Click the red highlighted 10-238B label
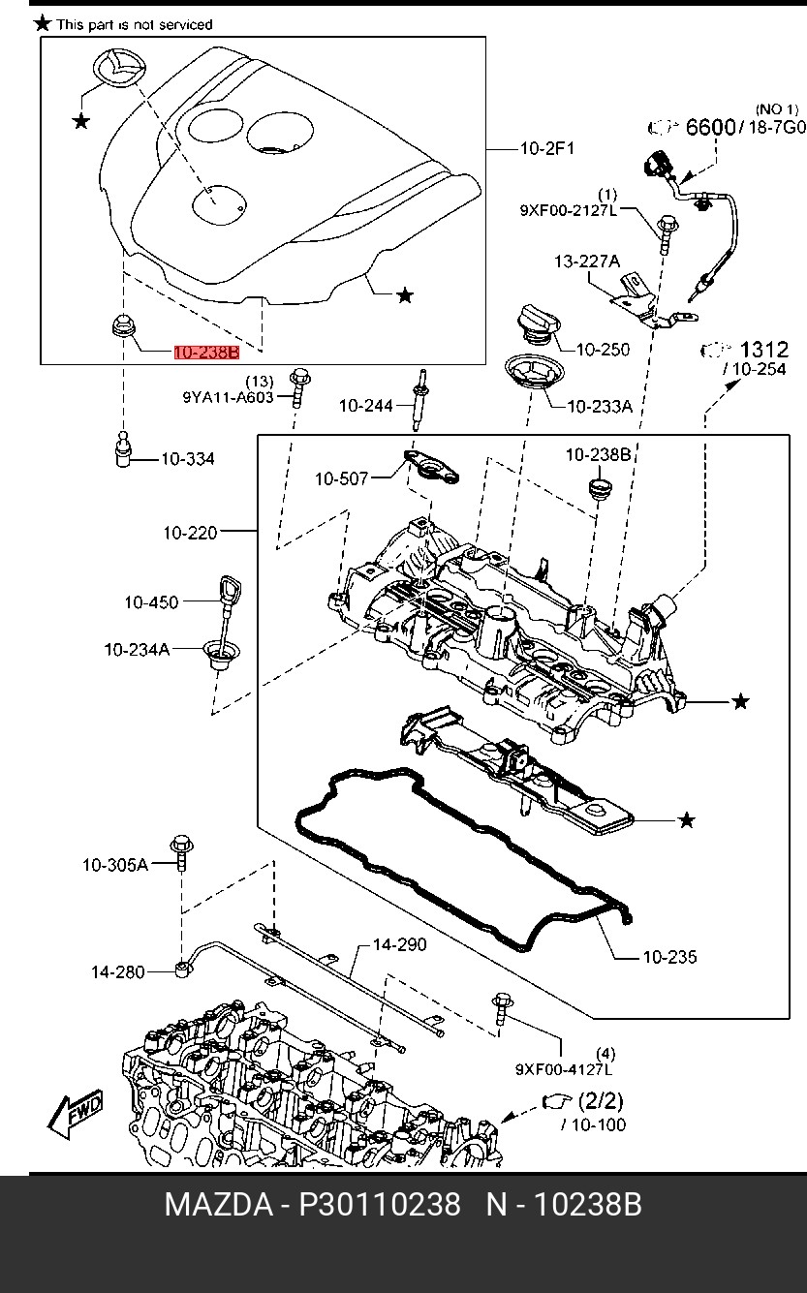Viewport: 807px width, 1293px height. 206,353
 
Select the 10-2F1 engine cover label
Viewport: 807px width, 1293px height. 547,148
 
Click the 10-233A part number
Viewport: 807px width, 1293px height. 599,407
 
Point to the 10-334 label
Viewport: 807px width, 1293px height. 188,458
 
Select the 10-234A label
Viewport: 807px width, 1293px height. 137,649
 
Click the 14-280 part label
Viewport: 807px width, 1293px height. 118,971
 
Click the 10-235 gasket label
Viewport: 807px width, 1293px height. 669,957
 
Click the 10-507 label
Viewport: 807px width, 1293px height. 341,477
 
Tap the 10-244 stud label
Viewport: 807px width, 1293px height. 365,406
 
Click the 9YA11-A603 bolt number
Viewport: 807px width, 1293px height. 228,396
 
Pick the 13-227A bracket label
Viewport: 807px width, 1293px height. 586,261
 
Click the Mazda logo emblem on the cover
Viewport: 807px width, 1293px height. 116,72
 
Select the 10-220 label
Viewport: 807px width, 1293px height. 190,532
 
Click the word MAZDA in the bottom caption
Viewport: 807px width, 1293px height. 218,1205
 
